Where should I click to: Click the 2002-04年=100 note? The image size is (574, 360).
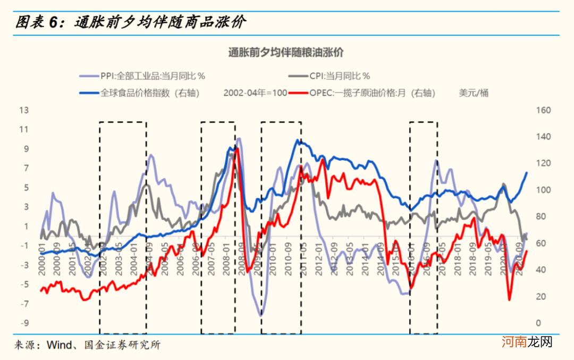point(256,93)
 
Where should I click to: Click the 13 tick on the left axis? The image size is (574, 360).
point(23,110)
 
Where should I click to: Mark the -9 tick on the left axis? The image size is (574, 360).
point(23,323)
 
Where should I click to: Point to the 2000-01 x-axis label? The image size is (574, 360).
point(41,259)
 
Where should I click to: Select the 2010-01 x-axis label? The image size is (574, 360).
point(273,259)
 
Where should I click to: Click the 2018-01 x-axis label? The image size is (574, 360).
point(458,259)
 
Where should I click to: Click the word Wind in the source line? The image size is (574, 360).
point(58,345)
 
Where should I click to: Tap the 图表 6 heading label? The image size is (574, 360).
point(36,22)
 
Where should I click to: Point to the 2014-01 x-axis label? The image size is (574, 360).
point(365,259)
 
